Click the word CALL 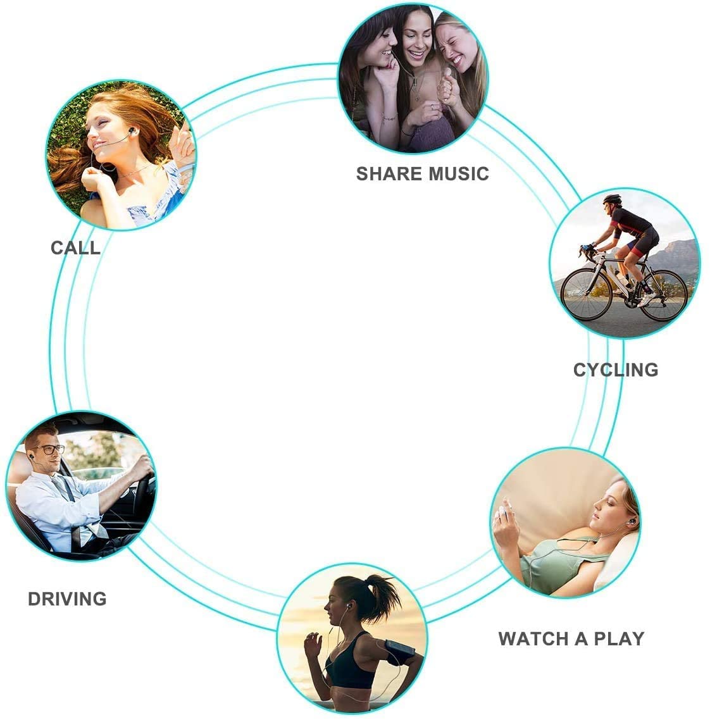coord(75,248)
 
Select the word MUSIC coord(459,174)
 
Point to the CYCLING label coord(615,369)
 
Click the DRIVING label coord(67,599)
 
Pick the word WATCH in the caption coord(533,639)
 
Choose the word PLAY coord(619,639)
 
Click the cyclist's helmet coord(612,199)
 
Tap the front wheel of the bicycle coord(587,294)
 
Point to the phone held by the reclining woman coord(504,507)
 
